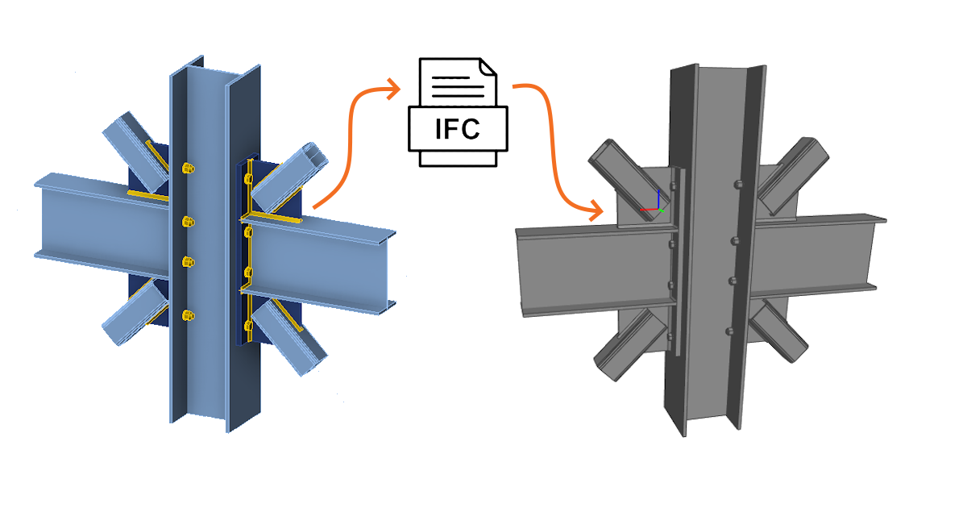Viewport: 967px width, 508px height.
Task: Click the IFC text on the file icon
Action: click(458, 128)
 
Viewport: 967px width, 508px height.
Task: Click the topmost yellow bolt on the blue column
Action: click(189, 169)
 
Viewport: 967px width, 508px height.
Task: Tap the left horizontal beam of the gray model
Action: click(580, 266)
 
